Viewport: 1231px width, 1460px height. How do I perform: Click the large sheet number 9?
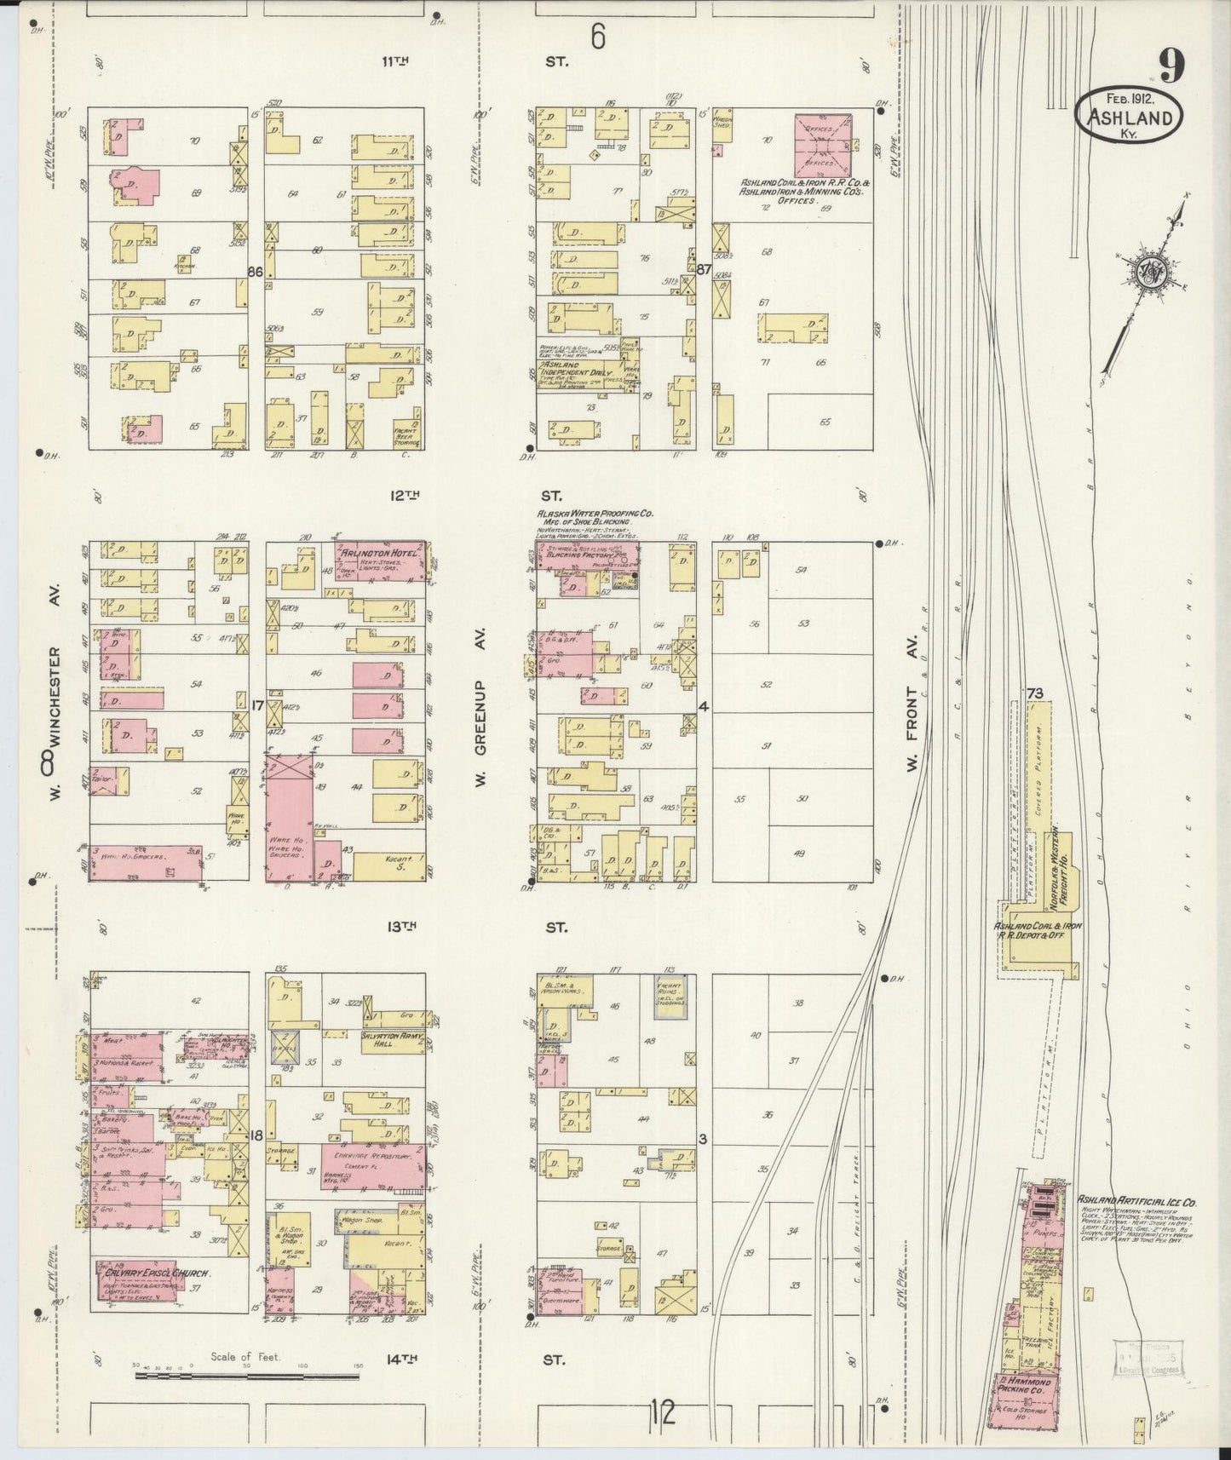[1171, 66]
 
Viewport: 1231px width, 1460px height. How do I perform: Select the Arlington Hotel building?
[380, 560]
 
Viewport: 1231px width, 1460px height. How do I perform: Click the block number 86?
[254, 272]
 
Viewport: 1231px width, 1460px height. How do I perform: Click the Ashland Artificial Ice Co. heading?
[1136, 1202]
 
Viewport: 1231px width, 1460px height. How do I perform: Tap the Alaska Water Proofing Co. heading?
[594, 514]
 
